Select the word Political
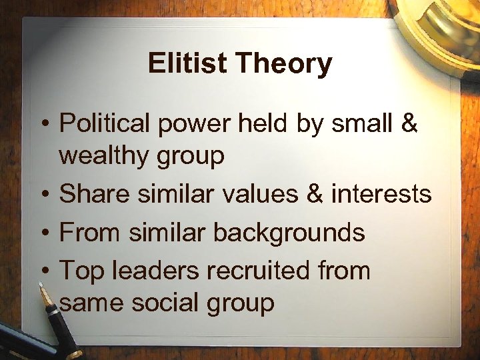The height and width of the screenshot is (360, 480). (103, 124)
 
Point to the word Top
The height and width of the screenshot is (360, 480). (79, 271)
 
